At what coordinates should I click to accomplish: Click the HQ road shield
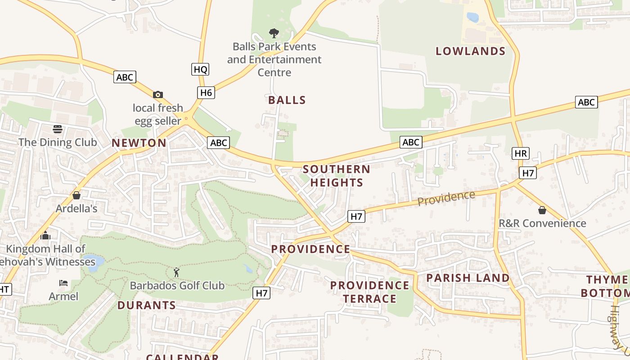(x=200, y=69)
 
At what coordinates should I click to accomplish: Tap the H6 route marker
(x=206, y=93)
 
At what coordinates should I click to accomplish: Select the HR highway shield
(x=520, y=153)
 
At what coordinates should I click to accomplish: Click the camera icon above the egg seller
(x=157, y=94)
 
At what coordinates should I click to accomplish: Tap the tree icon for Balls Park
(x=274, y=33)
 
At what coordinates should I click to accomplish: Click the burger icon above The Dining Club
(x=58, y=130)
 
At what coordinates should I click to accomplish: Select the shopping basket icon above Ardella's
(x=76, y=195)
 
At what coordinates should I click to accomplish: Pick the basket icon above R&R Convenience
(x=542, y=210)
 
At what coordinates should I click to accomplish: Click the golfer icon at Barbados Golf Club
(x=176, y=272)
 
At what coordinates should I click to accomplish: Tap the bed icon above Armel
(x=63, y=283)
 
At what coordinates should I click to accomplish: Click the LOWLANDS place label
(x=470, y=51)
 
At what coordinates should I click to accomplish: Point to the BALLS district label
(x=287, y=100)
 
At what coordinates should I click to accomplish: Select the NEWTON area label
(x=139, y=143)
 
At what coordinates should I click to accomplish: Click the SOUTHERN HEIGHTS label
(x=337, y=176)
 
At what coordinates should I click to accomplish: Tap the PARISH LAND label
(x=468, y=278)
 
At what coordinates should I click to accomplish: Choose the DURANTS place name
(x=147, y=305)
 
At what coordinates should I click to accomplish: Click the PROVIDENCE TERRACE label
(x=369, y=292)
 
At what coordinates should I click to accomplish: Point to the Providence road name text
(x=446, y=198)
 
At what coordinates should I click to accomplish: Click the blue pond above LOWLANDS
(x=472, y=18)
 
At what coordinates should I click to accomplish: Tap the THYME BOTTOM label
(x=605, y=287)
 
